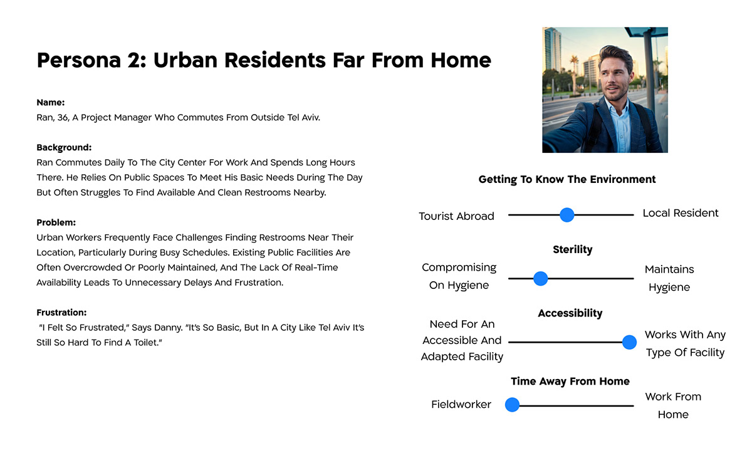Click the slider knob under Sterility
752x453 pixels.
tap(540, 279)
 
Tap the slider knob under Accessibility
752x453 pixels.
tap(629, 342)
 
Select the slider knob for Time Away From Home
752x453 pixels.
tap(513, 405)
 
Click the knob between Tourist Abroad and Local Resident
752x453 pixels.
tap(567, 215)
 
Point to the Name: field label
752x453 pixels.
tap(51, 102)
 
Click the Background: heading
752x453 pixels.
tap(64, 148)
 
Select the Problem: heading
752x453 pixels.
tap(56, 222)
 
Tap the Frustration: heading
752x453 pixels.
tap(61, 313)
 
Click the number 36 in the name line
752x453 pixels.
tap(63, 118)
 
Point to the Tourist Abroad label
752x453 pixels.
tap(456, 216)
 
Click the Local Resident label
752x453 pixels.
tap(681, 213)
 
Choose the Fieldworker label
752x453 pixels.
tap(461, 404)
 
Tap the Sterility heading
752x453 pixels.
tap(572, 249)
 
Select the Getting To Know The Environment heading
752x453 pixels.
tap(567, 180)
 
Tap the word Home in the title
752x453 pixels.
tap(461, 60)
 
